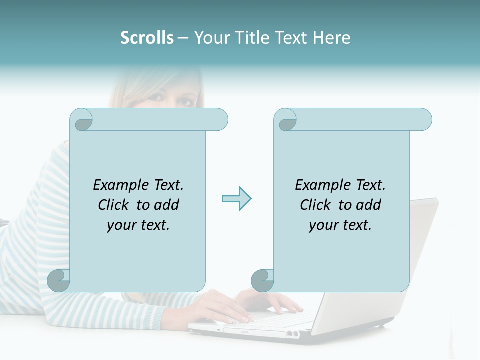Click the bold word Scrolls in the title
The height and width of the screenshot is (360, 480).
pos(147,38)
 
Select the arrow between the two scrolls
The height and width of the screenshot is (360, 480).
pos(236,199)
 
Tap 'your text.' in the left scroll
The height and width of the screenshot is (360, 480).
pos(138,225)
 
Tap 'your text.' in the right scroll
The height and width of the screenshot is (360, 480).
pos(340,225)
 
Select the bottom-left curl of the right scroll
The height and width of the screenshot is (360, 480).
pos(263,279)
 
